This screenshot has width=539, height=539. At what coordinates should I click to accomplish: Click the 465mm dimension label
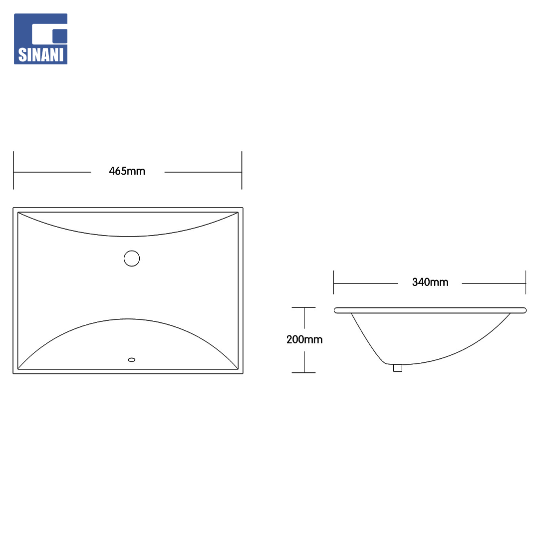coord(127,171)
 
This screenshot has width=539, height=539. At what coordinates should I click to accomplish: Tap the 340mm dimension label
coord(430,282)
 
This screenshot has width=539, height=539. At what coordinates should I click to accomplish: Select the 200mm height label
coord(304,340)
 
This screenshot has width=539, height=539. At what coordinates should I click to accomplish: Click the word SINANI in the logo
coord(40,55)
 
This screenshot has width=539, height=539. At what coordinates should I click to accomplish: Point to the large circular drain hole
coord(132,259)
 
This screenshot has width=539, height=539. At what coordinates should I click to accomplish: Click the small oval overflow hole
coord(132,360)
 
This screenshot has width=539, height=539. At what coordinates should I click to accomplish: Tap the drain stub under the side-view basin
coord(398,368)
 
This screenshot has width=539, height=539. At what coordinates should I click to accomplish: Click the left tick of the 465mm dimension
coord(13,170)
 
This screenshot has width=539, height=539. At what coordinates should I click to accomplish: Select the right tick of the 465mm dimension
coord(242,170)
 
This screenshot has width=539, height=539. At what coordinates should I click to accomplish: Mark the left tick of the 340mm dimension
coord(333,282)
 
